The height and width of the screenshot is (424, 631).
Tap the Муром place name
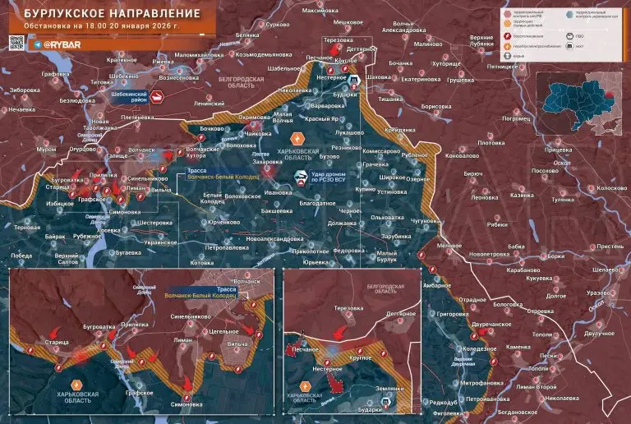[47, 150]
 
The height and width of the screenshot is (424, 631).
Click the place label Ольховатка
[386, 217]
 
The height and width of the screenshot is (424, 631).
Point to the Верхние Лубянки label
[481, 43]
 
